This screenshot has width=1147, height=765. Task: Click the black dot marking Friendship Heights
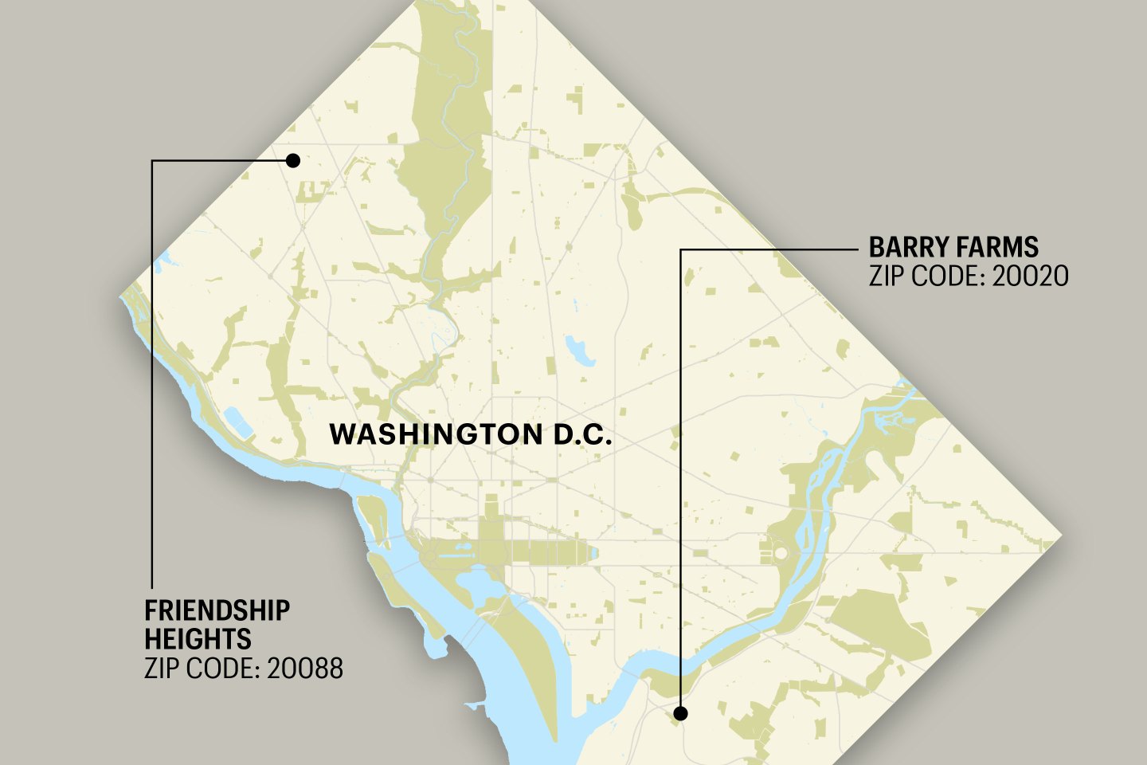pos(292,160)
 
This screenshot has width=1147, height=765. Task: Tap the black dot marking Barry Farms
pos(680,713)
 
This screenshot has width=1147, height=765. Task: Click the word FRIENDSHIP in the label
pos(217,611)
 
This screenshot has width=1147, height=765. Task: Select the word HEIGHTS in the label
pos(198,639)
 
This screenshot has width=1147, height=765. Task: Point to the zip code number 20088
pos(305,668)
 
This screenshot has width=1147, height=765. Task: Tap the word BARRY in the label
pos(904,247)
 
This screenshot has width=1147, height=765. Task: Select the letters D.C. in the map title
pos(582,435)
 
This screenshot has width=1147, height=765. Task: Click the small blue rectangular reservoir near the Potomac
pos(239,422)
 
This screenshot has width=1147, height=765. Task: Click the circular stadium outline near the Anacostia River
pos(781,552)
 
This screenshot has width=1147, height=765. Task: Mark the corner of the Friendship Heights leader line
pos(151,161)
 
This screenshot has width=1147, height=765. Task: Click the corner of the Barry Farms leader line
pos(680,249)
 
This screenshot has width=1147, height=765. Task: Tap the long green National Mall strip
pos(550,551)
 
